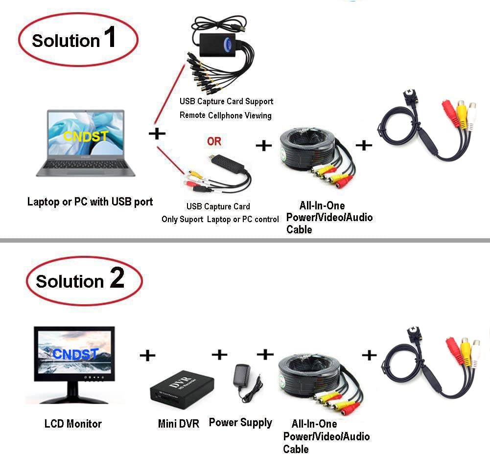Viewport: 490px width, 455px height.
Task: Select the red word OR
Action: tap(214, 141)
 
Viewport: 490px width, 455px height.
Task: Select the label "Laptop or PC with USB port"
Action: tap(90, 201)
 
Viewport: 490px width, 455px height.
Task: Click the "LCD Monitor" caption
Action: tap(73, 424)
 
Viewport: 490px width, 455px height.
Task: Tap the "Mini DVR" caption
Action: tap(179, 424)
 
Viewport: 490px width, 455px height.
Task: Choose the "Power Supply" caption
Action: tap(240, 422)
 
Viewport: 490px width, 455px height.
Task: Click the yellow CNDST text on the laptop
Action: tap(86, 136)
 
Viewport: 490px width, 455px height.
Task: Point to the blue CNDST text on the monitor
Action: tap(75, 353)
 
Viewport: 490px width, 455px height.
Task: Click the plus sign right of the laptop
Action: tap(157, 134)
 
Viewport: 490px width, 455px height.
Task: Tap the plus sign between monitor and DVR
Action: tap(147, 355)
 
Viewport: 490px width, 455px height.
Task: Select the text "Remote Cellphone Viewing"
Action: tap(225, 115)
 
